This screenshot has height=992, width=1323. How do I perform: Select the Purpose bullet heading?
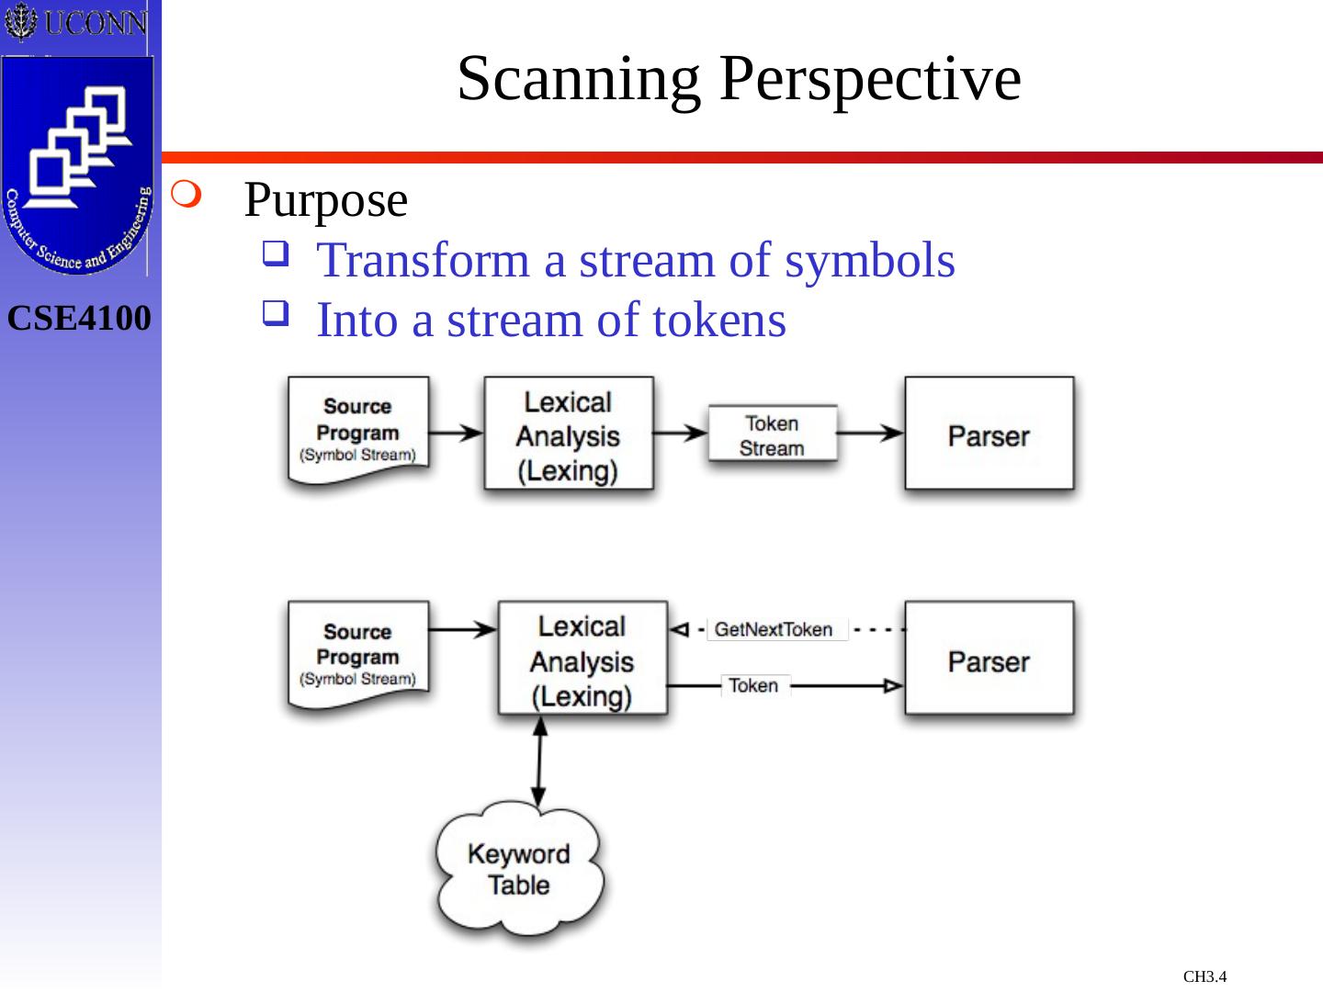325,200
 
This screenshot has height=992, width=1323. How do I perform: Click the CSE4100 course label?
79,319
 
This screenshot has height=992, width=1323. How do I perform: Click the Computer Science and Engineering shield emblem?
77,165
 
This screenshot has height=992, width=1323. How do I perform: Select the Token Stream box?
772,435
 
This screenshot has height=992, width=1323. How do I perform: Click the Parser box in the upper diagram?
989,434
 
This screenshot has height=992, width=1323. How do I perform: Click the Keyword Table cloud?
519,869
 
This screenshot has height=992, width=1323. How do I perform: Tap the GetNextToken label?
774,630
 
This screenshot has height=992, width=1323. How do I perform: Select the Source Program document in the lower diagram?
358,656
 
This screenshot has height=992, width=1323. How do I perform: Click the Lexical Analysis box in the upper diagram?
568,435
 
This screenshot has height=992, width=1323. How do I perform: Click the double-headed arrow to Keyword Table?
539,762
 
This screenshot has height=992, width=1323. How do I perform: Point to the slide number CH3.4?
1204,976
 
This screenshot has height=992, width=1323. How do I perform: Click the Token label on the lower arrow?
753,686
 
